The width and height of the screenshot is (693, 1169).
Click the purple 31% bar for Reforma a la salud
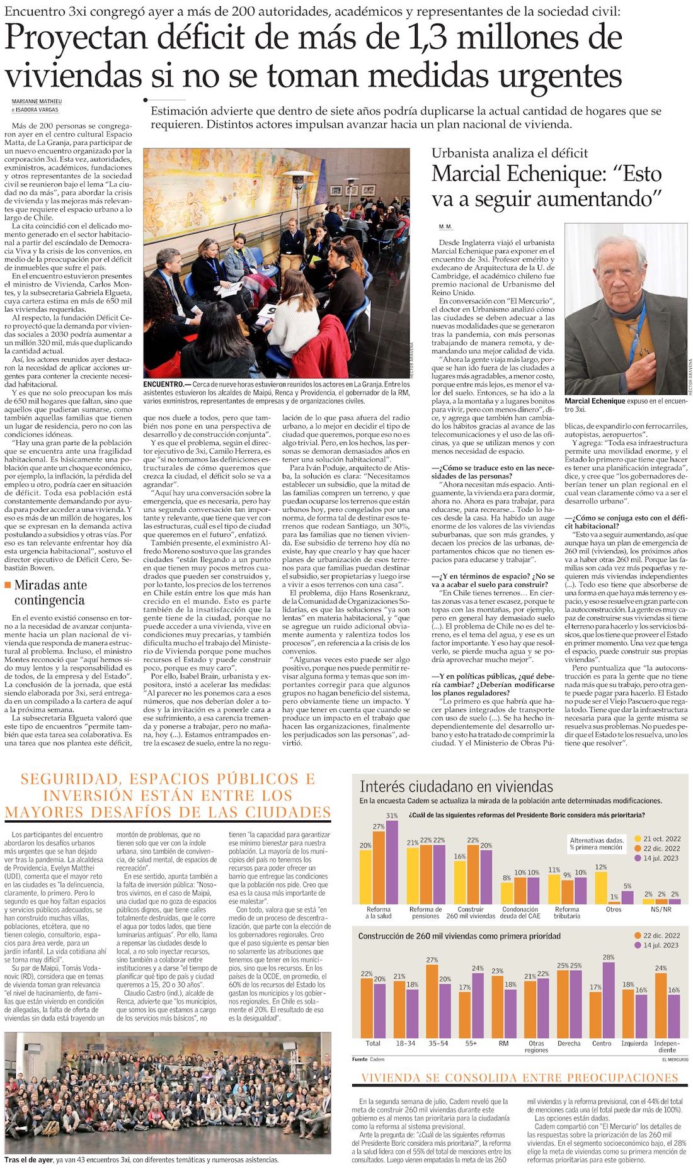pos(392,862)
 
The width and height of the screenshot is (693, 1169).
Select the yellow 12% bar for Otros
pos(601,888)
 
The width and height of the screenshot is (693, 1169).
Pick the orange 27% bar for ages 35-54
pos(432,1001)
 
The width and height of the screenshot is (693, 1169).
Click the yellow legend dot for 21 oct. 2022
pos(638,839)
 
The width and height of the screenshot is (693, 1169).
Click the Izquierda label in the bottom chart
pos(634,1043)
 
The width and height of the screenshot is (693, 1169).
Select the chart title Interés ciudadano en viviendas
pos(456,786)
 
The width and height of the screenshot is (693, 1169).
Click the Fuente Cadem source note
pos(369,1059)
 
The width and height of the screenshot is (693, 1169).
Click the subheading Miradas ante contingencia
pos(50,592)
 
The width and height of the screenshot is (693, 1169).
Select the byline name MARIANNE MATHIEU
pos(37,101)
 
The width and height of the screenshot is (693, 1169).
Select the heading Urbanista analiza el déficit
pos(510,153)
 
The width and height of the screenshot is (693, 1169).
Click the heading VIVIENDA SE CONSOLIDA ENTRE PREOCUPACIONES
pos(520,1078)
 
